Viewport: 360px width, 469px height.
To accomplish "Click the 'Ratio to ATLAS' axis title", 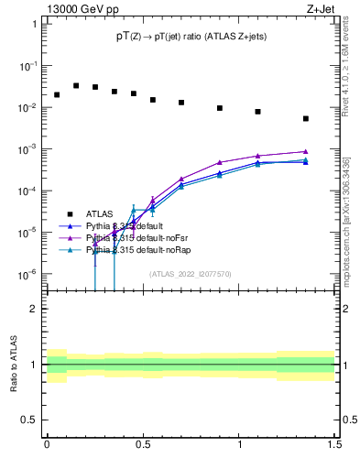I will (x=14, y=364).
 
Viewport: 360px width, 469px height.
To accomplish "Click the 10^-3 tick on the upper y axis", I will (x=27, y=148).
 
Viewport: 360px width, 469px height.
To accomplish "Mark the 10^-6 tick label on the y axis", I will (x=27, y=274).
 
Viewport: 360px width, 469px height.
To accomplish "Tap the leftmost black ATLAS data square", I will (x=57, y=94).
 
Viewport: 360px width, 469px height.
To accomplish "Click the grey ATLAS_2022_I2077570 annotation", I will (x=190, y=273).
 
